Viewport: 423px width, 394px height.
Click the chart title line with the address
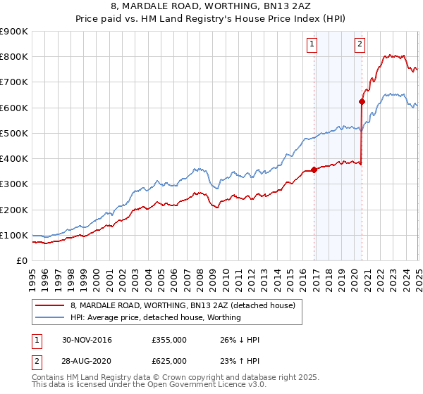[211, 8]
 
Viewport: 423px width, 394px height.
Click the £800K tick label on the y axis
[14, 57]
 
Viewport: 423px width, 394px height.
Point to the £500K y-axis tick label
[14, 133]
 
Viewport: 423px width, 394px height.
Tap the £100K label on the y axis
[14, 235]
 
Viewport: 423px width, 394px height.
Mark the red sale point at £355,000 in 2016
[314, 170]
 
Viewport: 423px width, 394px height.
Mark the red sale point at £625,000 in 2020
[362, 101]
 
